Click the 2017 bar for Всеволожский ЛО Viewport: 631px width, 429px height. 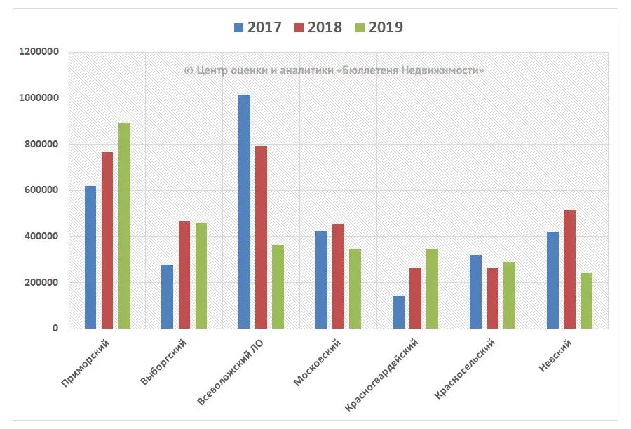[x=244, y=211]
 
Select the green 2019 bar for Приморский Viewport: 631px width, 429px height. [x=124, y=225]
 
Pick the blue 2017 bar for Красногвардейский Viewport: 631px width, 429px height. [x=398, y=312]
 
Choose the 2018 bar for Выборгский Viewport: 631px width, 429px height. [x=184, y=275]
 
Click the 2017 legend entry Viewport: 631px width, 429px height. [x=259, y=27]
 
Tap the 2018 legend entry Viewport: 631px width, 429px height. [x=319, y=27]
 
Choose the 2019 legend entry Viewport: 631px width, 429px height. [x=379, y=27]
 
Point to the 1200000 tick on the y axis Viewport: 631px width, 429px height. [x=40, y=52]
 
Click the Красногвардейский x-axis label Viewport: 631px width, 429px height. [x=384, y=373]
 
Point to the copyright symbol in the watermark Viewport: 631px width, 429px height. [x=188, y=70]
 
